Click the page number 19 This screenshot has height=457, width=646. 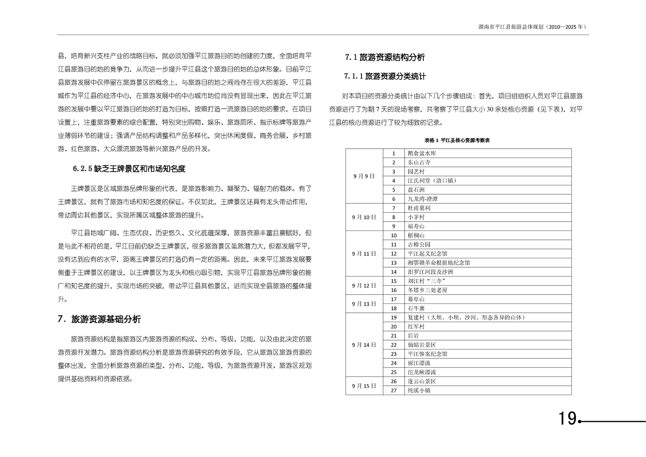pyautogui.click(x=567, y=418)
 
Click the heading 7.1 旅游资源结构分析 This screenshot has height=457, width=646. pyautogui.click(x=385, y=57)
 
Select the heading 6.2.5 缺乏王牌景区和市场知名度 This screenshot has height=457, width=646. pyautogui.click(x=129, y=169)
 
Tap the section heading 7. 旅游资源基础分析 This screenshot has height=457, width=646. pyautogui.click(x=99, y=319)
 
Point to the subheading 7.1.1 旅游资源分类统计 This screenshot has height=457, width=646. pyautogui.click(x=385, y=76)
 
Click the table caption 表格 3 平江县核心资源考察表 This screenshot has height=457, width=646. pyautogui.click(x=457, y=141)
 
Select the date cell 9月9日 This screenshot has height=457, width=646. pyautogui.click(x=364, y=176)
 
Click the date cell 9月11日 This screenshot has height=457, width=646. pyautogui.click(x=364, y=254)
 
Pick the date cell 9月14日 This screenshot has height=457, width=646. pyautogui.click(x=364, y=345)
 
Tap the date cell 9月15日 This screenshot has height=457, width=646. pyautogui.click(x=364, y=386)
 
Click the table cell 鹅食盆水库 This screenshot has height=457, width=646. pyautogui.click(x=422, y=154)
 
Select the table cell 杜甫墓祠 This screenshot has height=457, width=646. pyautogui.click(x=419, y=208)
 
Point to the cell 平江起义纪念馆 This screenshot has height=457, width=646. pyautogui.click(x=427, y=254)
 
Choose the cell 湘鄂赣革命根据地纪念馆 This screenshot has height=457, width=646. pyautogui.click(x=439, y=263)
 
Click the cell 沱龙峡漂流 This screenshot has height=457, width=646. pyautogui.click(x=422, y=372)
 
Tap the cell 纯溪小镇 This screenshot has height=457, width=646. pyautogui.click(x=419, y=391)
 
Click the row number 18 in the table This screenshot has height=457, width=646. pyautogui.click(x=394, y=309)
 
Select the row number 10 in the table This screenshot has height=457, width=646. pyautogui.click(x=394, y=235)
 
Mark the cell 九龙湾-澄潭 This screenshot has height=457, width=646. pyautogui.click(x=423, y=199)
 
